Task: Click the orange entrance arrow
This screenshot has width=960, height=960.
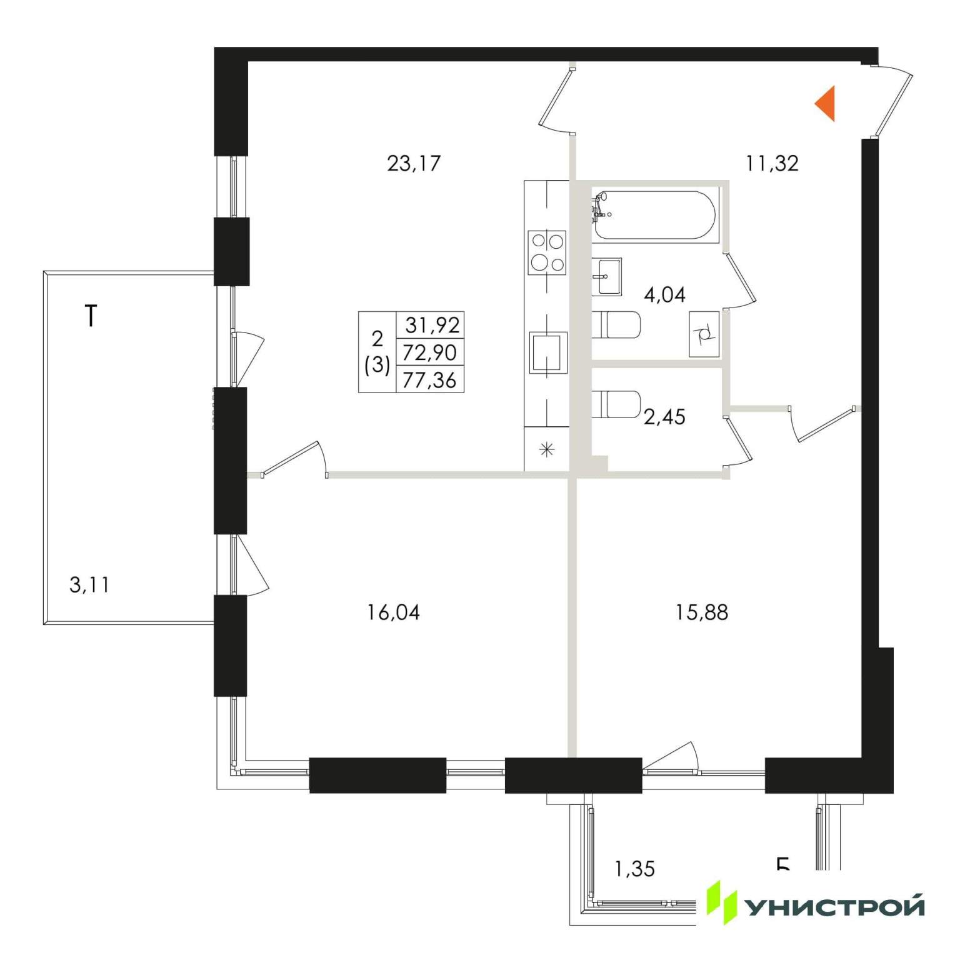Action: (x=826, y=104)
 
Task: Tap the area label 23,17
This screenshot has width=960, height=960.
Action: (x=414, y=164)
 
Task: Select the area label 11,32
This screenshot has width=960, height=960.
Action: (x=772, y=164)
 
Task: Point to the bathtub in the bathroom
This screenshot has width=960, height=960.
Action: (x=654, y=215)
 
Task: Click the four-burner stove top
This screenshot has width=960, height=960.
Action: (x=547, y=252)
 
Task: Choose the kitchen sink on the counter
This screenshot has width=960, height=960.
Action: (x=548, y=352)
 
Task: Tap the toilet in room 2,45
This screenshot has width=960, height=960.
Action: (x=616, y=404)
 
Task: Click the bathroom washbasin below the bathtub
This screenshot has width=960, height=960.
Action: (x=607, y=276)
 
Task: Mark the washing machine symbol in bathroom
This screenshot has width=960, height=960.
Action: (x=704, y=334)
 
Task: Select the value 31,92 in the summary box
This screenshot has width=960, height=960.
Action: (x=432, y=325)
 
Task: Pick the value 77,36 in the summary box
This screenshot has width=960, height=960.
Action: (x=429, y=380)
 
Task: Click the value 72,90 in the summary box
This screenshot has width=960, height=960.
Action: (x=429, y=352)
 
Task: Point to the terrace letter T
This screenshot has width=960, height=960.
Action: (x=91, y=316)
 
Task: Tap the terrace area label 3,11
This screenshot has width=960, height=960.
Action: (x=89, y=586)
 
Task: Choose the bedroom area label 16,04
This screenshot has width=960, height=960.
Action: (x=393, y=612)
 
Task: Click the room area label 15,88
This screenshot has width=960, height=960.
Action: (x=702, y=612)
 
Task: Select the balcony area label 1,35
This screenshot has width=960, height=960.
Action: (x=635, y=869)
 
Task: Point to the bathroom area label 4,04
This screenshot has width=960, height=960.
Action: (x=664, y=294)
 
